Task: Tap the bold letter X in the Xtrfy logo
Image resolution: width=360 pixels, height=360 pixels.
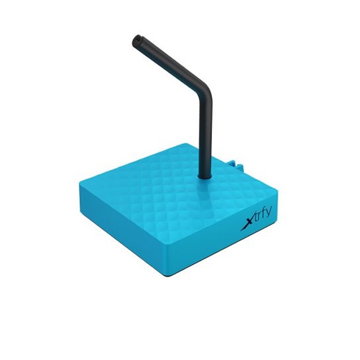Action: (247, 223)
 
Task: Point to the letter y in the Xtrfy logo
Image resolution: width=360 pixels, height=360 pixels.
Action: (270, 215)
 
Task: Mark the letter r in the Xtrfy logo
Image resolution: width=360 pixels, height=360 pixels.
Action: (259, 218)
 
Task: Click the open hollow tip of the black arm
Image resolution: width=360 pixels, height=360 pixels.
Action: (137, 39)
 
